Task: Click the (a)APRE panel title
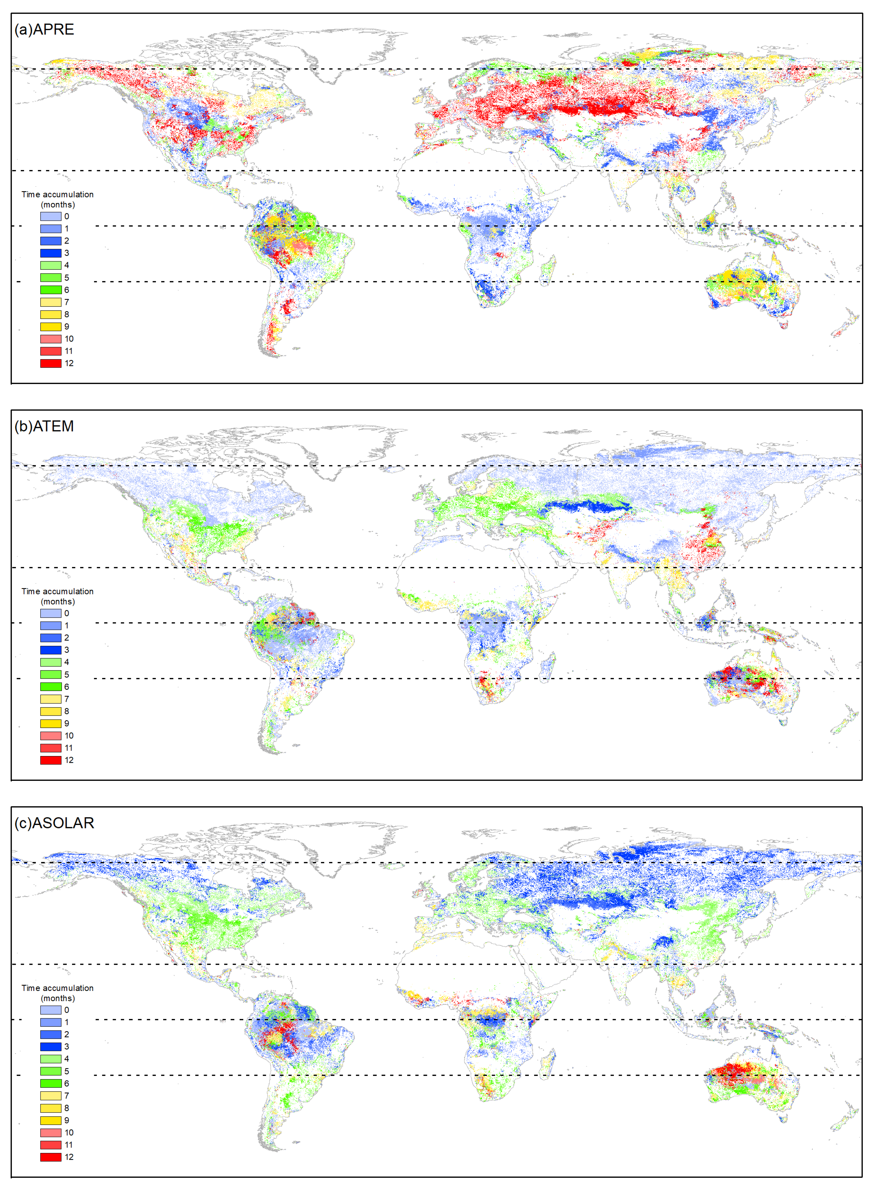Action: coord(44,30)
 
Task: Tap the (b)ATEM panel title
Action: coord(44,427)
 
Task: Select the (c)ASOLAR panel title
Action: coord(55,823)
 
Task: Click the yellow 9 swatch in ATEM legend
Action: coord(51,723)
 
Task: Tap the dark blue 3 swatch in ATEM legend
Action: coord(51,650)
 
